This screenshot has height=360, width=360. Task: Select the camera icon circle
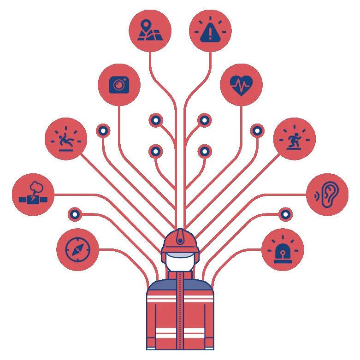coord(119,84)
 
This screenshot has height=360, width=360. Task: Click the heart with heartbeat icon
coord(241,85)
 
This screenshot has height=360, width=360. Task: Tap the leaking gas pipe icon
coord(33,194)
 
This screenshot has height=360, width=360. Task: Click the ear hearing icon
coord(327,194)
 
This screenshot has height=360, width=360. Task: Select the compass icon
coord(77,249)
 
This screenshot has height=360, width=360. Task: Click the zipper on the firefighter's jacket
coord(180,313)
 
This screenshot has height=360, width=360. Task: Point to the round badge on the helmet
coord(179,238)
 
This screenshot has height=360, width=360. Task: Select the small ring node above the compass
coord(75,214)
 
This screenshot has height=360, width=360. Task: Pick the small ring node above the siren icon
coord(285,214)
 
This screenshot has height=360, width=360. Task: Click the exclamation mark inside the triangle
coord(210,32)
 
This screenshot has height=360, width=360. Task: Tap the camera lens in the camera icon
coord(119,85)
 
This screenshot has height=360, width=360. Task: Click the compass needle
coord(77,249)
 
